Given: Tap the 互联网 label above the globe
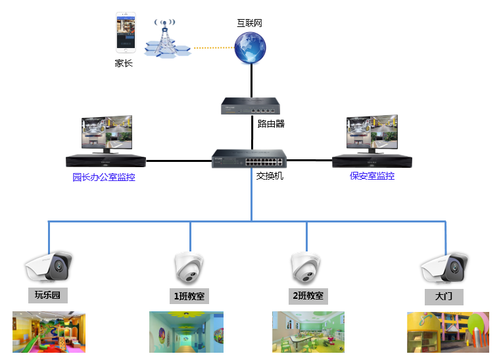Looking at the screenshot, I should click(250, 23).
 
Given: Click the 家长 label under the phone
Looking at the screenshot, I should click(124, 64).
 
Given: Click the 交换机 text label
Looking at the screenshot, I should click(270, 176).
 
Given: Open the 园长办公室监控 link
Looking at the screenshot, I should click(104, 177).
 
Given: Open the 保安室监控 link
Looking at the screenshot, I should click(372, 176).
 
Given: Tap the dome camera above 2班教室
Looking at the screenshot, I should click(305, 267).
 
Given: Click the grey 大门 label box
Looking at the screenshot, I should click(444, 296).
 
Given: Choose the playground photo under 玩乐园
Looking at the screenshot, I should click(49, 332).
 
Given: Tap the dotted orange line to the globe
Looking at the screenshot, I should click(214, 47).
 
